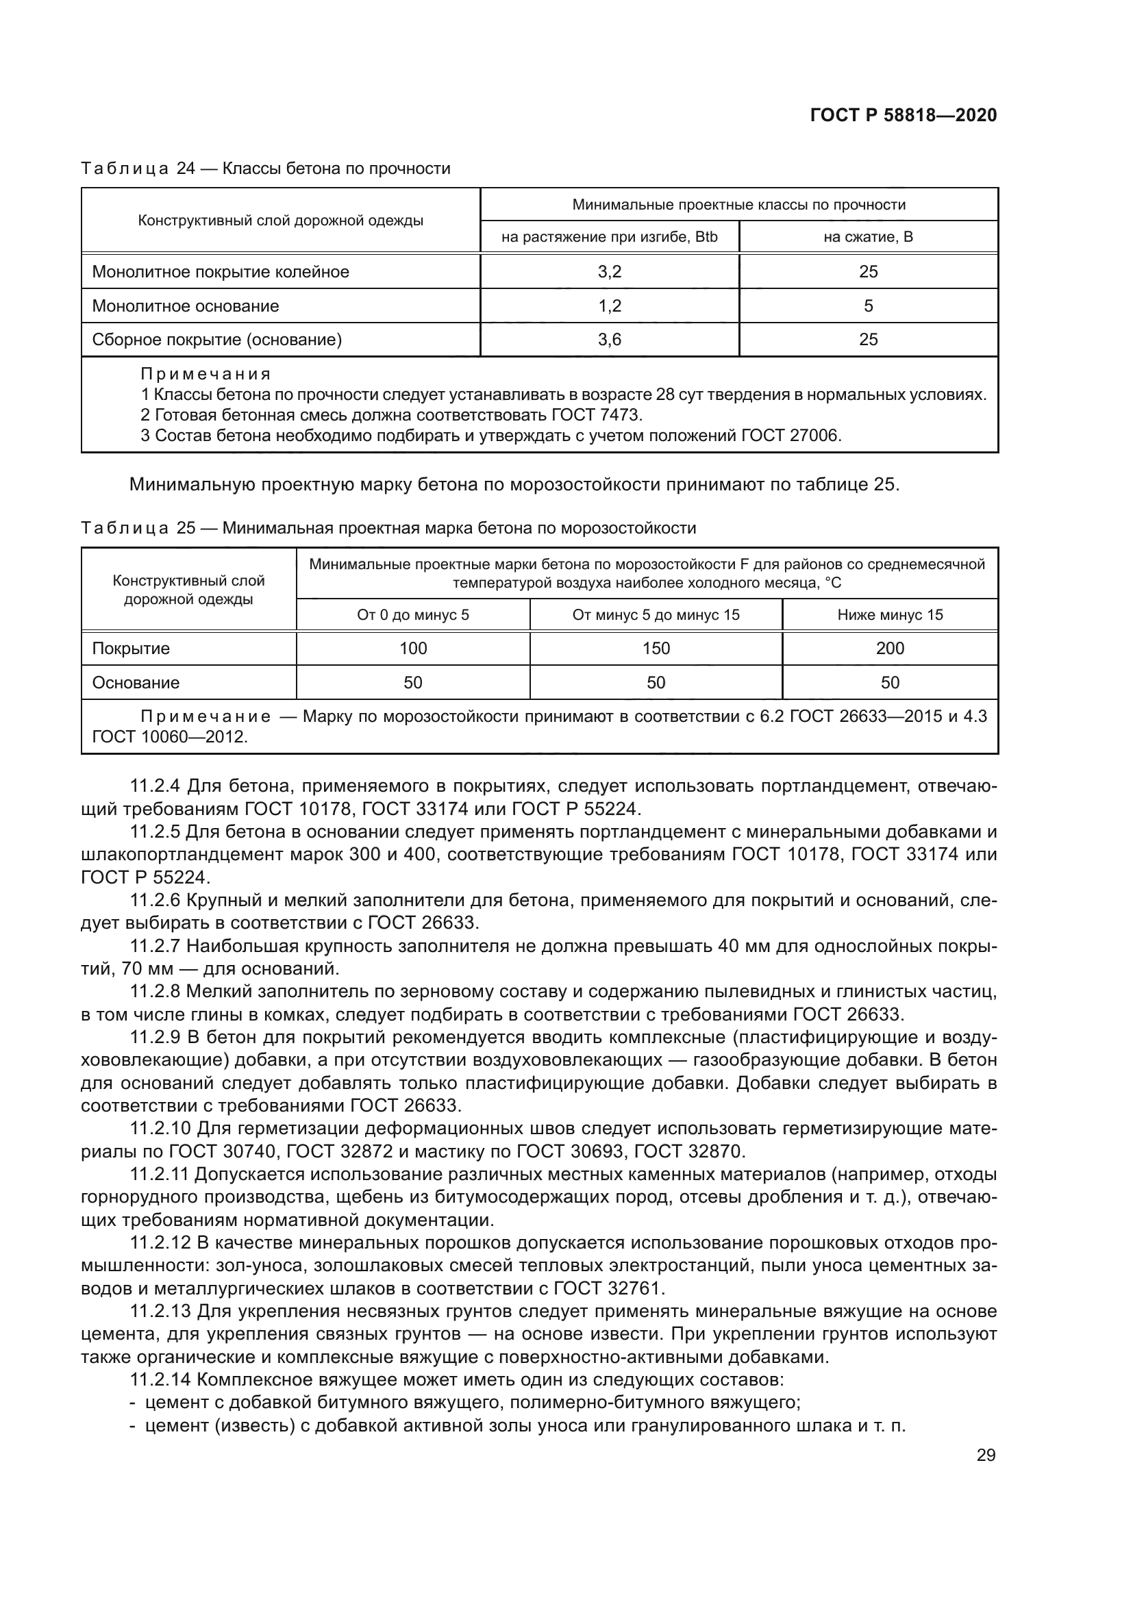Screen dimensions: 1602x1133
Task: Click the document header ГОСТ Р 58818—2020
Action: (x=903, y=115)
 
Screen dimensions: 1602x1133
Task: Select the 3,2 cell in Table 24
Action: (x=609, y=271)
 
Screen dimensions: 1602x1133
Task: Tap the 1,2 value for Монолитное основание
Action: (x=609, y=305)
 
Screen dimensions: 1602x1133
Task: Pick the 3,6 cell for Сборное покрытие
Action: (x=609, y=340)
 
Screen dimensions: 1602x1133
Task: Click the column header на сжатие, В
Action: (x=868, y=236)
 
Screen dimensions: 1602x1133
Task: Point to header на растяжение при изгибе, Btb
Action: (x=609, y=236)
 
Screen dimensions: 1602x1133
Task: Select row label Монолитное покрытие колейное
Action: (x=221, y=271)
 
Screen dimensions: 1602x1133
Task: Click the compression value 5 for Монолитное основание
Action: (x=868, y=305)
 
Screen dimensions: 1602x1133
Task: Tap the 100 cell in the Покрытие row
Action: (x=413, y=648)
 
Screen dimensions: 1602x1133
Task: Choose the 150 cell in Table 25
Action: (x=656, y=648)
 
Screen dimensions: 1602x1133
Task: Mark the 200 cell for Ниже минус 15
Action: (x=890, y=648)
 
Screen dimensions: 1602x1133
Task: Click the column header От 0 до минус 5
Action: (x=413, y=614)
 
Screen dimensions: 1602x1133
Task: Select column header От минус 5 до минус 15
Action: (x=656, y=614)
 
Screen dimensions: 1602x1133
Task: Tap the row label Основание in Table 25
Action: (x=136, y=682)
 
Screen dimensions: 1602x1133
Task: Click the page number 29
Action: (x=986, y=1455)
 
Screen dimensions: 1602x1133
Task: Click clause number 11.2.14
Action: (x=160, y=1380)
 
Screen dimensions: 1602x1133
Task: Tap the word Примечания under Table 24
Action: (x=205, y=374)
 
